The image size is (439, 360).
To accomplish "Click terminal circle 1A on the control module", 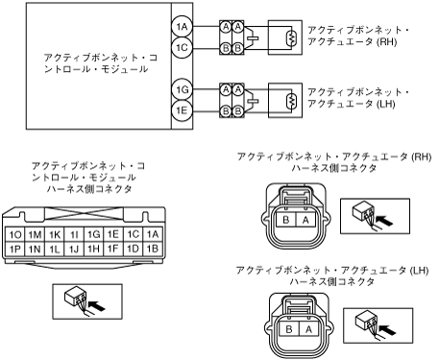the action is coord(182,27).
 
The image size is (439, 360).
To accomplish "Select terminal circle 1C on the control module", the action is coord(182,48).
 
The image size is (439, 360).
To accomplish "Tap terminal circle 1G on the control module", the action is coord(182,89).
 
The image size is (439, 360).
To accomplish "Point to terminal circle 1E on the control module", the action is coord(182,110).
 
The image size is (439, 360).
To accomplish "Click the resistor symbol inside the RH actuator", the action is coord(291,37).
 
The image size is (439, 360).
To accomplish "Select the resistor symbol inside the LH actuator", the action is coord(291,101).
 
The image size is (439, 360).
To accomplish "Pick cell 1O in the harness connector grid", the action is coord(15,234).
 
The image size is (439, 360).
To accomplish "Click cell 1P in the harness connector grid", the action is coord(15,249).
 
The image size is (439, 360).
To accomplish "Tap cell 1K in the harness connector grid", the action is coord(55,234).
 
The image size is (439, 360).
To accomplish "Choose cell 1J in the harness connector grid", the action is coord(74,249).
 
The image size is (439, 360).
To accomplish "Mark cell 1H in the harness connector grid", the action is coord(94,249).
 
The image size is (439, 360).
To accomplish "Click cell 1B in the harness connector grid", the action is coord(153,249).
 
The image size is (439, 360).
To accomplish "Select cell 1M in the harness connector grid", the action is coord(35,234).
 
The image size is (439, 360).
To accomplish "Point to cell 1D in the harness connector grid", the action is coord(133,249).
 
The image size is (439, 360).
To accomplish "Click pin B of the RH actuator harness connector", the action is coord(286,220).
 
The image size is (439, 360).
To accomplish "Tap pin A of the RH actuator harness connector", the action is coord(305,220).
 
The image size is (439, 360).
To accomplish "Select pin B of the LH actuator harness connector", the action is coord(289,329).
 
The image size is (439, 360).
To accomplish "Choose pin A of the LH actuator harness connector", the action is coord(308,329).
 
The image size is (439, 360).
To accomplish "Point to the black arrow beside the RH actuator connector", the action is coord(384,221).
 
